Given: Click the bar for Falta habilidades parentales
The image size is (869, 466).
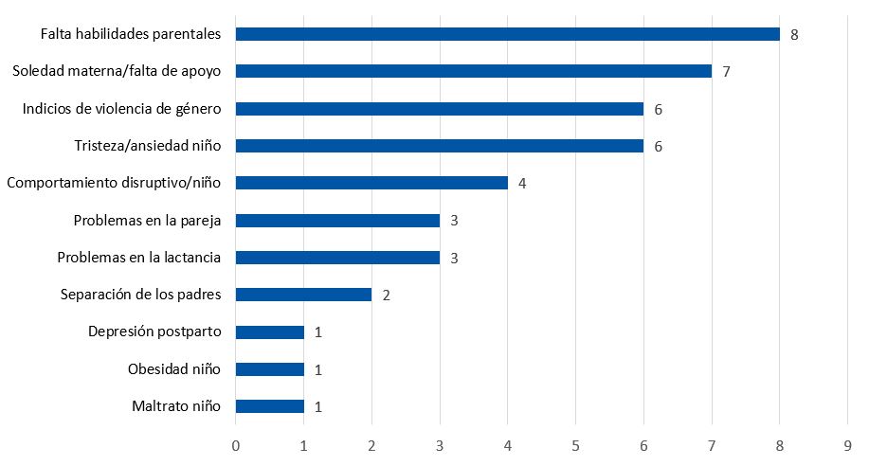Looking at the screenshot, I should pyautogui.click(x=507, y=34).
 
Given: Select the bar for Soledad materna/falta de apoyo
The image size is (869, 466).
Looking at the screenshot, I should pyautogui.click(x=473, y=71).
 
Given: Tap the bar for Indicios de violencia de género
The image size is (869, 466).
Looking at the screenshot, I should pyautogui.click(x=439, y=109).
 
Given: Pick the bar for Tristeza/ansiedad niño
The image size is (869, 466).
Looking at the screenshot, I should pyautogui.click(x=439, y=146).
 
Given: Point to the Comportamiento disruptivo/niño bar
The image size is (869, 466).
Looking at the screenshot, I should pyautogui.click(x=371, y=183).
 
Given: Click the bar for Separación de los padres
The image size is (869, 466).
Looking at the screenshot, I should pyautogui.click(x=303, y=295).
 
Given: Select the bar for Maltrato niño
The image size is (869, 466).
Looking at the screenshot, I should pyautogui.click(x=269, y=406).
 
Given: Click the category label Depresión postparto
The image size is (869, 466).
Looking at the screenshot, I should pyautogui.click(x=154, y=332).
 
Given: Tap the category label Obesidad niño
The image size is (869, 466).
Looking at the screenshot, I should pyautogui.click(x=174, y=369).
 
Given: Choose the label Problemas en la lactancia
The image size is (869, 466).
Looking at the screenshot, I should pyautogui.click(x=139, y=258).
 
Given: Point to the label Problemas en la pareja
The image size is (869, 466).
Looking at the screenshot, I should pyautogui.click(x=147, y=221).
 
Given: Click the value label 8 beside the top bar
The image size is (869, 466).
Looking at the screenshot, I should pyautogui.click(x=794, y=34).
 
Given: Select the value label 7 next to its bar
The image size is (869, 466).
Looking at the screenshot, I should pyautogui.click(x=726, y=71).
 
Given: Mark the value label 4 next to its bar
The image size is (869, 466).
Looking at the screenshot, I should pyautogui.click(x=522, y=183).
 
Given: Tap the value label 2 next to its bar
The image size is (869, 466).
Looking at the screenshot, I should pyautogui.click(x=386, y=295).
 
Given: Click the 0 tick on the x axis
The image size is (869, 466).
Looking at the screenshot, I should pyautogui.click(x=236, y=443).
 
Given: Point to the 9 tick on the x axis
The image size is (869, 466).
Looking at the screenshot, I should pyautogui.click(x=847, y=443).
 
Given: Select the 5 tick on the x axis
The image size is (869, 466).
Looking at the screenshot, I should pyautogui.click(x=575, y=443).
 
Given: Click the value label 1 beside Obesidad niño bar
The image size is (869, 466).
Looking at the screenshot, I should pyautogui.click(x=318, y=369).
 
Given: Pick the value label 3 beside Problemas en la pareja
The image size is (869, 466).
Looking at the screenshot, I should pyautogui.click(x=454, y=221).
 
